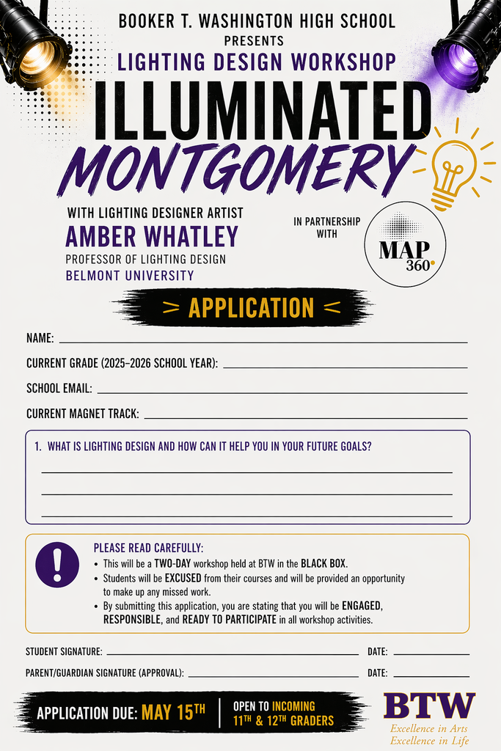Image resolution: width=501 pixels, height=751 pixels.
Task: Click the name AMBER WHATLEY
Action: pyautogui.click(x=152, y=237)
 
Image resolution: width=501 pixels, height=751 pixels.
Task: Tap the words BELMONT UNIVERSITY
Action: pyautogui.click(x=130, y=276)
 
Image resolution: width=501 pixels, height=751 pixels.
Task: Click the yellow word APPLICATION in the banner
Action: pyautogui.click(x=251, y=308)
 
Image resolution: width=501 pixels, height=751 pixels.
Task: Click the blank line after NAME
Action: pyautogui.click(x=263, y=341)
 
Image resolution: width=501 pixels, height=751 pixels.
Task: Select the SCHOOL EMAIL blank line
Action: pyautogui.click(x=282, y=392)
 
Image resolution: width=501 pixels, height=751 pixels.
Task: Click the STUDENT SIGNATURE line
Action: pyautogui.click(x=233, y=653)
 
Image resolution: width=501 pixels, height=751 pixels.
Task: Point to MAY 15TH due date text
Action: pyautogui.click(x=173, y=712)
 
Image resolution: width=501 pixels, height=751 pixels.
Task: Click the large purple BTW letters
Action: pyautogui.click(x=429, y=706)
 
